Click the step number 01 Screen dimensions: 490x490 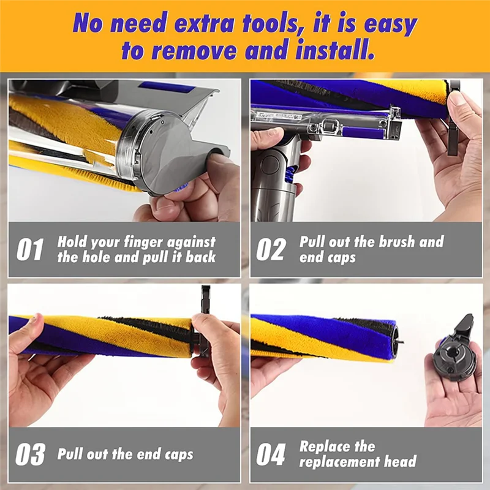30,250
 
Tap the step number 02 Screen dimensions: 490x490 271,250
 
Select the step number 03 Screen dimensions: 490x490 30,454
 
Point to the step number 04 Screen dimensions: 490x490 271,454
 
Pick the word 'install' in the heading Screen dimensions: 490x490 335,50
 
